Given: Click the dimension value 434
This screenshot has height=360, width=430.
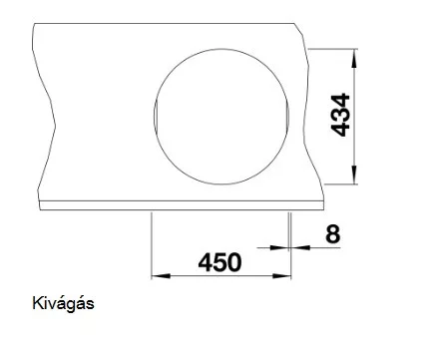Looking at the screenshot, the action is click(341, 115).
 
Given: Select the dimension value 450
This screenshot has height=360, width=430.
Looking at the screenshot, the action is click(219, 262).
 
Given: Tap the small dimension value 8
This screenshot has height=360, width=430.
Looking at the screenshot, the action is click(333, 234).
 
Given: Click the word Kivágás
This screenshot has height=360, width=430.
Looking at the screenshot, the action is click(63, 303).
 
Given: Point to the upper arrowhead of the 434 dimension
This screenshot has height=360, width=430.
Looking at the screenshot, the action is click(354, 59).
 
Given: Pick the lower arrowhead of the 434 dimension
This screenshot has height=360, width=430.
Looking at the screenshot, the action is click(354, 175).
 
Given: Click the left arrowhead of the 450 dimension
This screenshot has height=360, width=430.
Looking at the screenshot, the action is click(161, 276).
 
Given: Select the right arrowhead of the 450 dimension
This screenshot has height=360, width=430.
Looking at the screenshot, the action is click(281, 276).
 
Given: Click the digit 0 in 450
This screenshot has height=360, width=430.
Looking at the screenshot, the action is click(233, 262).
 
